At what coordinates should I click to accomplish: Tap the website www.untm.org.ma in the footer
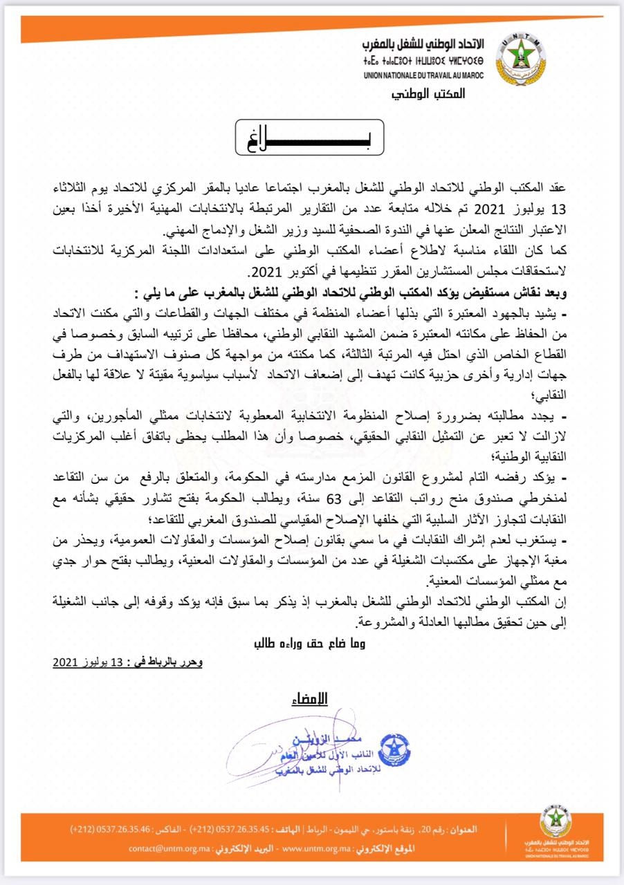(x=318, y=847)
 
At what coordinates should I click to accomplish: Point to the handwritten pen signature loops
(x=277, y=750)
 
